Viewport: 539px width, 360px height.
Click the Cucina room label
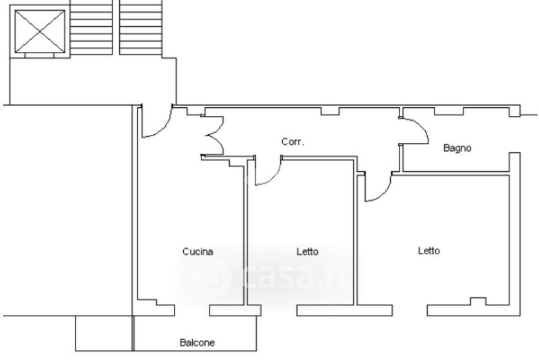pos(197,251)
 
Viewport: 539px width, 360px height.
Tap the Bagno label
pos(457,148)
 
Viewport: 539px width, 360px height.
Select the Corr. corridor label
pos(292,142)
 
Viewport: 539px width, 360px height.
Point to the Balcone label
pos(197,342)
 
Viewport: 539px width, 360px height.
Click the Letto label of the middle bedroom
pos(307,251)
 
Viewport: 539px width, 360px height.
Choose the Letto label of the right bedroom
pos(429,251)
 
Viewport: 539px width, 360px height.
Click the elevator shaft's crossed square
pos(40,32)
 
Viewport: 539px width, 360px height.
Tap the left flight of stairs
pos(91,27)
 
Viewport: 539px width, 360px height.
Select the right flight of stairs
pos(141,27)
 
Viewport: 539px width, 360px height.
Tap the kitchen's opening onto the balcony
pos(192,311)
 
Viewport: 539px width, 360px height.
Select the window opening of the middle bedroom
pos(279,311)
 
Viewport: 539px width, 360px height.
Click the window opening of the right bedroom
pos(410,311)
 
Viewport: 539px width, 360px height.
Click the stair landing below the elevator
pos(93,81)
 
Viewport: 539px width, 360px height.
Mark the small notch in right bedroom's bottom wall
pos(478,301)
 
